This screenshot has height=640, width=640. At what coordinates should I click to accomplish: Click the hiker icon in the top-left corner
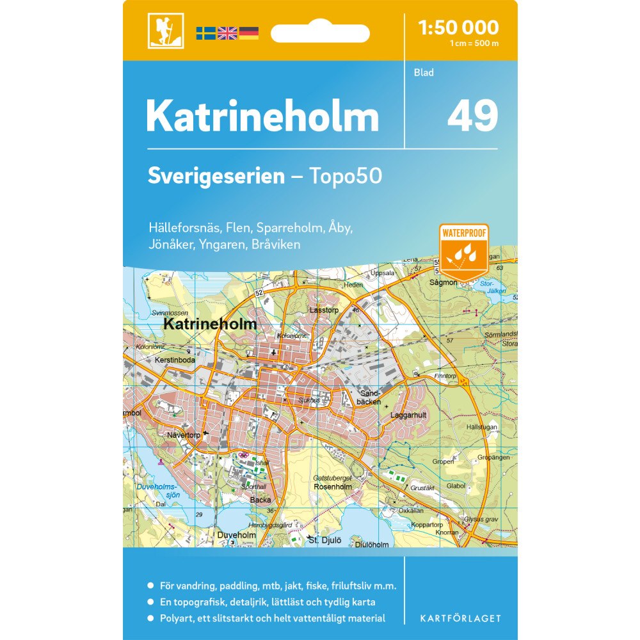coord(165,30)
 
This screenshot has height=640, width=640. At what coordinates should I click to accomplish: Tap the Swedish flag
coord(205,33)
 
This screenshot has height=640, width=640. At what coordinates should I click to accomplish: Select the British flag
coord(227,33)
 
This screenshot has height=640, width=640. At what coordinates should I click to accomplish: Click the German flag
coord(248,33)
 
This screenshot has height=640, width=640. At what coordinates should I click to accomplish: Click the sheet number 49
coord(472,116)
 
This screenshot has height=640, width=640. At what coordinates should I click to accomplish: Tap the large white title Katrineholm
coord(262,116)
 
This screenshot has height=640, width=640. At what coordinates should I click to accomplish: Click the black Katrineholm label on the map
coord(210,324)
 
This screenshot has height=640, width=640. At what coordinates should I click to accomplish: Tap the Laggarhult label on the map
coord(408,415)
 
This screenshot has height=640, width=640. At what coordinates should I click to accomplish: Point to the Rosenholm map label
coord(333,486)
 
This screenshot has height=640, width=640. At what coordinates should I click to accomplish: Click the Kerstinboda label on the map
coord(175,360)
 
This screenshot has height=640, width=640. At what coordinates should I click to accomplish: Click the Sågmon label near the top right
coord(444,282)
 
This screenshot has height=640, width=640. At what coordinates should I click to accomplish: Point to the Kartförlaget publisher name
coord(460,618)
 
